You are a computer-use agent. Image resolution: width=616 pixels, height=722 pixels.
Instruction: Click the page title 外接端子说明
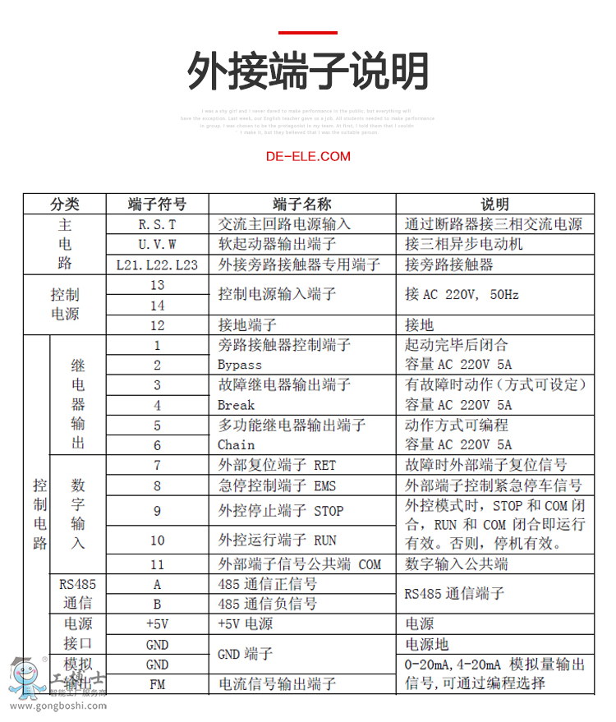pos(308,71)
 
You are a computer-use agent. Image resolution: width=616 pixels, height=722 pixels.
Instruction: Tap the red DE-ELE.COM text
pos(308,156)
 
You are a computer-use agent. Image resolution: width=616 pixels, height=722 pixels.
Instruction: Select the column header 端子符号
pos(157,205)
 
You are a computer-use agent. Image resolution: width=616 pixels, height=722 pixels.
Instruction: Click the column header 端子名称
pos(301,205)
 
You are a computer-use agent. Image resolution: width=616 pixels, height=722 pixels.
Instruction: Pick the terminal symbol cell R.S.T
pos(157,224)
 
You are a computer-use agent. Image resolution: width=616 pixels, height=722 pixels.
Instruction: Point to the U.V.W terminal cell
pos(157,245)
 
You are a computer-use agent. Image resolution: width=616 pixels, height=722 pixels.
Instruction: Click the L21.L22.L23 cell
pos(157,264)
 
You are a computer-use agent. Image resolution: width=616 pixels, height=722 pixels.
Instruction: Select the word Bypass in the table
pos(240,365)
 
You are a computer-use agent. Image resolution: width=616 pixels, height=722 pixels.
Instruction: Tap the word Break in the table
pos(237,405)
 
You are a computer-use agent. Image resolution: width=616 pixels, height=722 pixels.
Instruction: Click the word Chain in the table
pos(237,444)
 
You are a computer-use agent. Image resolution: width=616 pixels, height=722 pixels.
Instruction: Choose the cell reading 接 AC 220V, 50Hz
pos(462,295)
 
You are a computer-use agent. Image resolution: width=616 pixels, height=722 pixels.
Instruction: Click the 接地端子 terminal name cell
pos(247,325)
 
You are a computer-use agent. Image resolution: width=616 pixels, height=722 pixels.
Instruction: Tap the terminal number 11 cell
pos(157,565)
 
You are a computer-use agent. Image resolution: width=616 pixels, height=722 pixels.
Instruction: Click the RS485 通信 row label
pos(77,594)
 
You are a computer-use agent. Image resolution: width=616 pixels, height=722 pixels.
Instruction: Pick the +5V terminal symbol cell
pos(157,624)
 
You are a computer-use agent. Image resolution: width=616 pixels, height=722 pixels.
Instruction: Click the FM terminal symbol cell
pos(157,683)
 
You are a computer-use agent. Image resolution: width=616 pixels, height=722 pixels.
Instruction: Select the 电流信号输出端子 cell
pos(277,683)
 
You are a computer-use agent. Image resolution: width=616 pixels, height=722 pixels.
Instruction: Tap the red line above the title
pos(308,33)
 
